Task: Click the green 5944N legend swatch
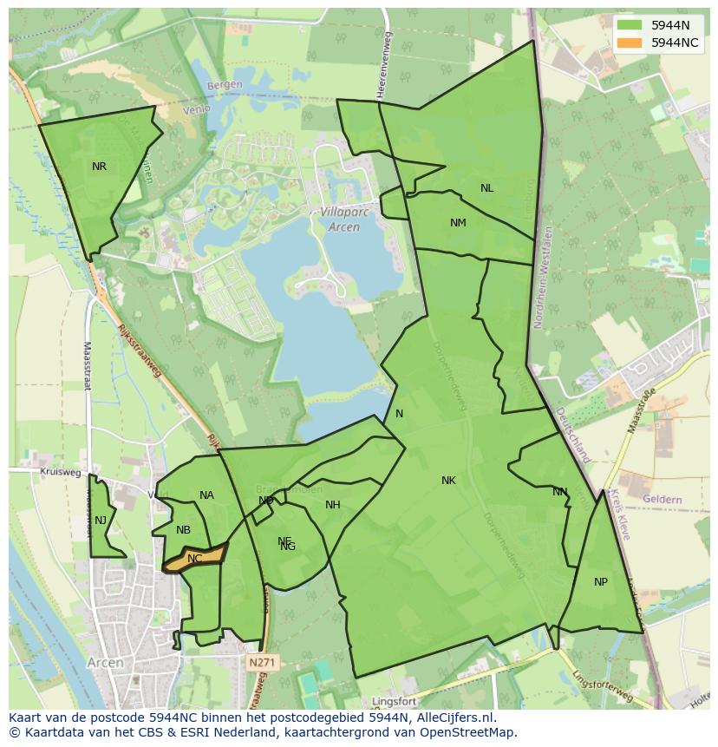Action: coord(630,26)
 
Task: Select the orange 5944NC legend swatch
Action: coord(630,43)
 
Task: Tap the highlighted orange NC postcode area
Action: coord(196,558)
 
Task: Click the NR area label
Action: coord(99,167)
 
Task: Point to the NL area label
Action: coord(486,188)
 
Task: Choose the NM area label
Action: coord(458,223)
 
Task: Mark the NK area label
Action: coord(448,481)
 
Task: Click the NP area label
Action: coord(601,582)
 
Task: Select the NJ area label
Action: coord(101,521)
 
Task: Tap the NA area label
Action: coord(206,495)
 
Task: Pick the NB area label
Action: coord(183,530)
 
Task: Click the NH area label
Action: coord(333,505)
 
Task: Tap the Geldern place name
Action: coord(663,501)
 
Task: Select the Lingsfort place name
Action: coord(395,700)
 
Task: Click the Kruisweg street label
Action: coord(60,473)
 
